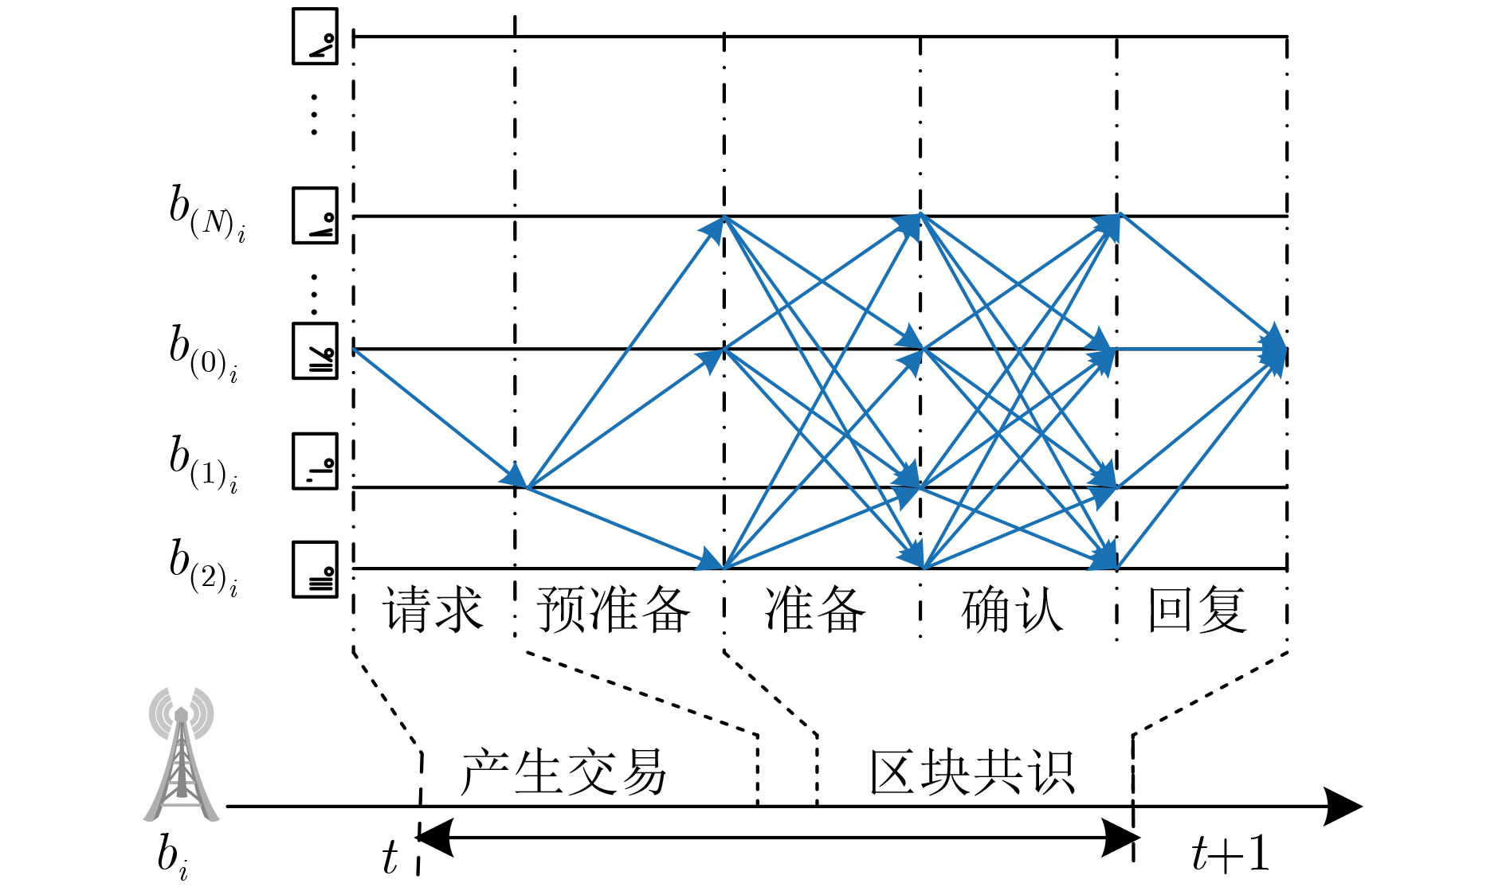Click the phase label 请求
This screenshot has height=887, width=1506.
tap(433, 610)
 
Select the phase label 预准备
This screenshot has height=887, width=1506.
tap(613, 610)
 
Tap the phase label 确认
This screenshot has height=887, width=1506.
tap(1012, 610)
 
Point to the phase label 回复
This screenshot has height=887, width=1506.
tap(1197, 610)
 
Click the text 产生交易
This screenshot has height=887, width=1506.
tap(563, 772)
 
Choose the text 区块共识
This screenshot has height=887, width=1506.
tap(972, 772)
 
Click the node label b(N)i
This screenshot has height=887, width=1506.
tap(206, 213)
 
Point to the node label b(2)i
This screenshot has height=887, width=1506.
tap(203, 567)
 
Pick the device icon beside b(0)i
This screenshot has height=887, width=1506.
tap(315, 350)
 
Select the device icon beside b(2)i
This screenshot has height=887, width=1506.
tap(315, 569)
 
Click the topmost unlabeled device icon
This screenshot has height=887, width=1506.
tap(315, 36)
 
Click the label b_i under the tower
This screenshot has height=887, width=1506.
tap(171, 856)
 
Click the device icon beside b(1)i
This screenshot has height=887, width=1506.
tap(315, 461)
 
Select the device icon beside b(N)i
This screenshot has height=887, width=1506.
tap(315, 215)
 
